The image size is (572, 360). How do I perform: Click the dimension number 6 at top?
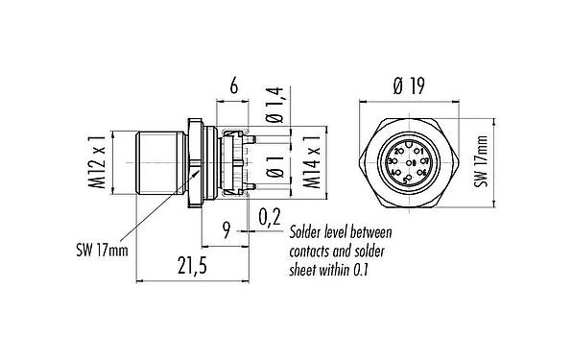[x=232, y=84]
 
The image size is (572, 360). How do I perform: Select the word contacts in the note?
[x=314, y=252]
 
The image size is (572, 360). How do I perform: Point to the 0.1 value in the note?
[x=360, y=270]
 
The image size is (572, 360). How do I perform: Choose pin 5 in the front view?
[x=407, y=178]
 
